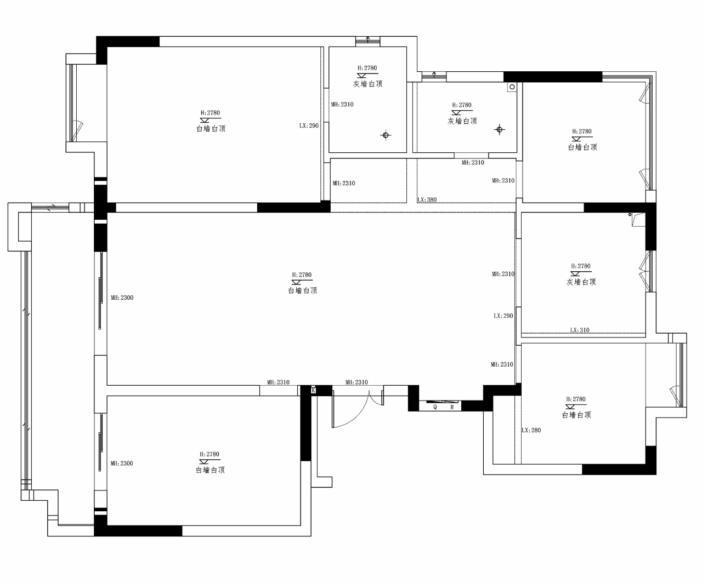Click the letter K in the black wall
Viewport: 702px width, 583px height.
coord(314,390)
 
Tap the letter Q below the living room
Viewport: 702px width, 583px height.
coord(435,407)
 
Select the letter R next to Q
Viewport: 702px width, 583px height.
coord(452,407)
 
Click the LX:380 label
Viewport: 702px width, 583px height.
coord(427,200)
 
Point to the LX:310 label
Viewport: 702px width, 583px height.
coord(579,330)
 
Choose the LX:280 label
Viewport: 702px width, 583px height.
coord(531,430)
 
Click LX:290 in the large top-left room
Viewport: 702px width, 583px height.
coord(309,125)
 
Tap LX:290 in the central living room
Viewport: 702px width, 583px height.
coord(503,316)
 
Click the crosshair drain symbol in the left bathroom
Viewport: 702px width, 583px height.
coord(386,135)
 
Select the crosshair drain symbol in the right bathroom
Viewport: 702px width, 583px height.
coord(499,130)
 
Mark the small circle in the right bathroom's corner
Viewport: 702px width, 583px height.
coord(512,87)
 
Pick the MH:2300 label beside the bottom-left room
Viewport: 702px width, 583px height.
coord(122,464)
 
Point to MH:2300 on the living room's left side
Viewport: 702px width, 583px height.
coord(122,298)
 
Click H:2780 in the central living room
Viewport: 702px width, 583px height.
coord(302,275)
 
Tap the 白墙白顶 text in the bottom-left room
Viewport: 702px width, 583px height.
coord(211,470)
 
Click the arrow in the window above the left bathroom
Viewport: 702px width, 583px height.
coord(368,39)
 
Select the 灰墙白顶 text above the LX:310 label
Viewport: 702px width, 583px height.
coord(581,282)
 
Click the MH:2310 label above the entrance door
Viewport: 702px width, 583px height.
coord(356,382)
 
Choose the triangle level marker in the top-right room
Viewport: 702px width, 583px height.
coord(576,139)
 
